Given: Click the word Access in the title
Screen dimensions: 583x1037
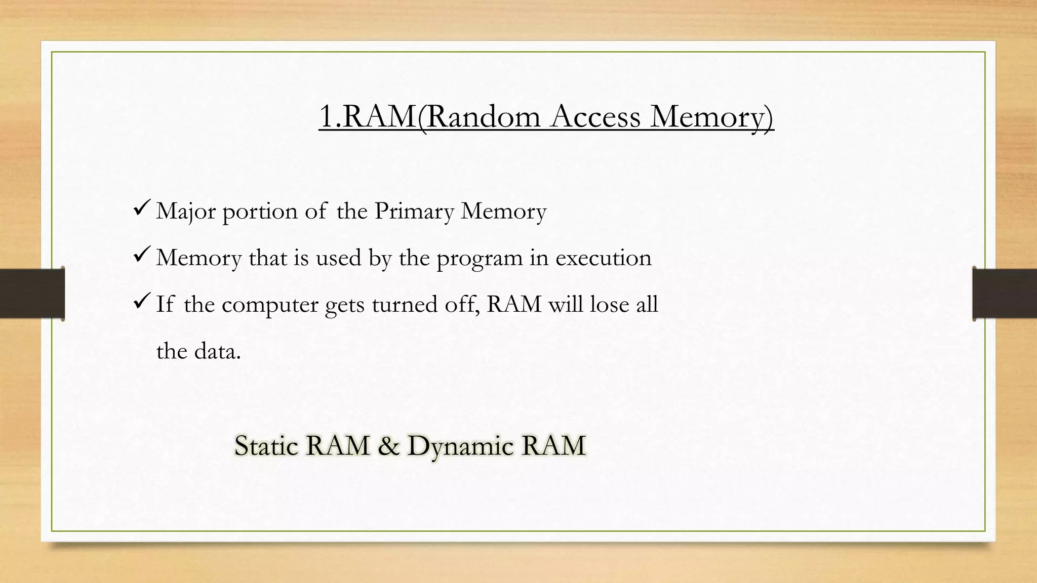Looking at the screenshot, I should click(x=595, y=116).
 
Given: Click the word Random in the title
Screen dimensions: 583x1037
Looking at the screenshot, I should click(x=483, y=116).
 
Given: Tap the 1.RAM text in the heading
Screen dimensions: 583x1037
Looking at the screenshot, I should click(x=368, y=116).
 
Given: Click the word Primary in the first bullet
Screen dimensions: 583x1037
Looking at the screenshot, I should click(x=414, y=211).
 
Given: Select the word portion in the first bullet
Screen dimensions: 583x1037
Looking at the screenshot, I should click(x=260, y=211).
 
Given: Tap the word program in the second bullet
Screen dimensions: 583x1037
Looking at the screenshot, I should click(x=480, y=259).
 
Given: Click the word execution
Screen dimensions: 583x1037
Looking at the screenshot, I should click(x=603, y=258).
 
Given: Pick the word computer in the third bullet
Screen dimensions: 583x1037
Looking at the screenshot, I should click(x=270, y=305).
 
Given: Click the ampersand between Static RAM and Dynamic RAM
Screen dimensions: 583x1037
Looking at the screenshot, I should click(x=388, y=446).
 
